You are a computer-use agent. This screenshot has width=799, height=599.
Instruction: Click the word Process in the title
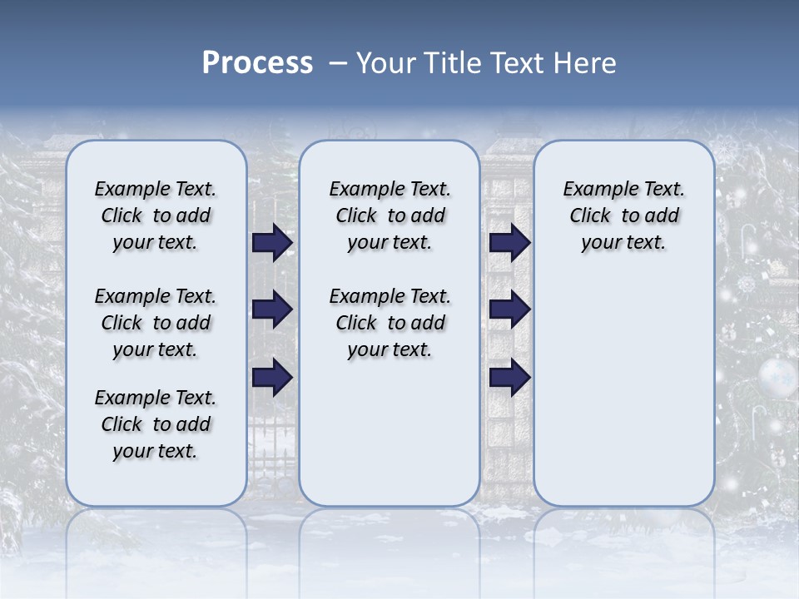click(257, 63)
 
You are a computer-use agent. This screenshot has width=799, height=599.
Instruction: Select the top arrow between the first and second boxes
click(272, 243)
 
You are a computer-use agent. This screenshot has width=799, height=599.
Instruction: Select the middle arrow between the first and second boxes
click(272, 310)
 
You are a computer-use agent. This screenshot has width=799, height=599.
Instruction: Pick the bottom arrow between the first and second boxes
click(272, 378)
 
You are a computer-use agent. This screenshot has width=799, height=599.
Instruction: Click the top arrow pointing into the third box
click(509, 243)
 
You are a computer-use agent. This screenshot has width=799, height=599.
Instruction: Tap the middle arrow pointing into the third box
click(509, 310)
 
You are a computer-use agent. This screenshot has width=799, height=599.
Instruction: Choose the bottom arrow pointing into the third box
click(509, 378)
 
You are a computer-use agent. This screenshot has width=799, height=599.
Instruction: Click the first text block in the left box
click(156, 215)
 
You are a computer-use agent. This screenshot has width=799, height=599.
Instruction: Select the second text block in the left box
click(156, 323)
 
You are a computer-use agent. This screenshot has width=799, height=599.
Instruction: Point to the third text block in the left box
click(156, 424)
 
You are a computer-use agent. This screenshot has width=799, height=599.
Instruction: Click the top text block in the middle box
click(390, 215)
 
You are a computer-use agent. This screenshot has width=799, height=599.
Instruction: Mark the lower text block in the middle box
click(390, 323)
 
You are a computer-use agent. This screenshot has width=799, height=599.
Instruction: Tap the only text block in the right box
click(623, 215)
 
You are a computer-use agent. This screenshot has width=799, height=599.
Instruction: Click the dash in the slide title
click(338, 63)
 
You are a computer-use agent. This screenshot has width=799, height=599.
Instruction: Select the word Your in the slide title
click(384, 63)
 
